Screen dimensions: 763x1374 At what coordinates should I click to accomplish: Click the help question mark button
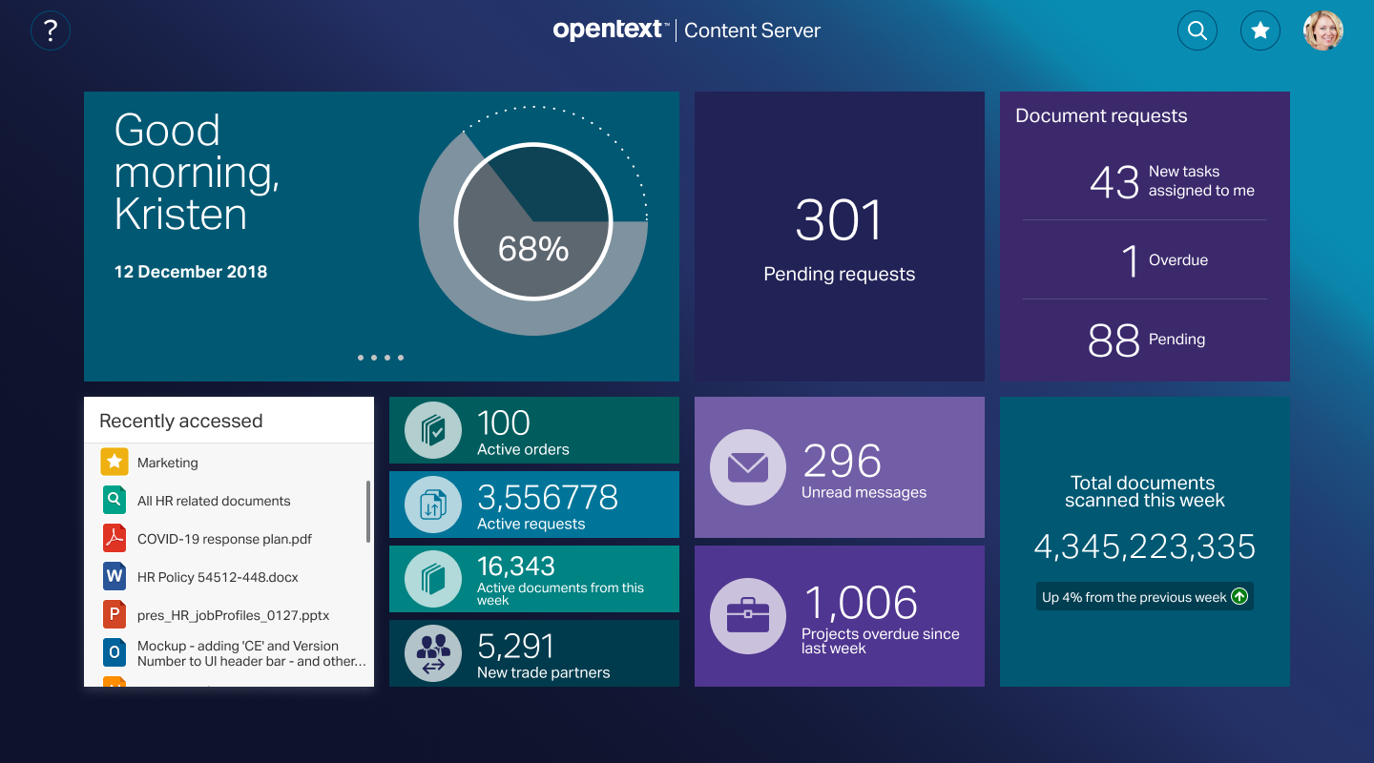(x=51, y=31)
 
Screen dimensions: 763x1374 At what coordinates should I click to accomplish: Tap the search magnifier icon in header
(x=1197, y=31)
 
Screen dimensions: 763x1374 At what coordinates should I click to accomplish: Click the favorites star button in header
(x=1259, y=31)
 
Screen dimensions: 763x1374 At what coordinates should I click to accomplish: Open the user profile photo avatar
(x=1322, y=31)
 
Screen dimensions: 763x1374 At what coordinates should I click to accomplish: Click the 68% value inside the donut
(x=533, y=249)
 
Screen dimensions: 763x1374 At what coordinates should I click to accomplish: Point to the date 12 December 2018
(x=191, y=272)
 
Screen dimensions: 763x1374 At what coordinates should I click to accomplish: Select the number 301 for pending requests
(x=839, y=221)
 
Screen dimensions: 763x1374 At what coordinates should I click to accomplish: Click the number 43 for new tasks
(x=1114, y=181)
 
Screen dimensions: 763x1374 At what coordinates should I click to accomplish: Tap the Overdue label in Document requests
(x=1177, y=260)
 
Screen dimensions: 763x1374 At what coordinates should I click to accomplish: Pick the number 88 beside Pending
(x=1114, y=340)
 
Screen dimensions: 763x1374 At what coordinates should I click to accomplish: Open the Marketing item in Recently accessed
(x=168, y=463)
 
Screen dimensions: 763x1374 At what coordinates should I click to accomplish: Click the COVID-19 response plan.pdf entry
(x=224, y=539)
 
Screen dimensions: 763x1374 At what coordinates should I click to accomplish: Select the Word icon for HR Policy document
(x=114, y=576)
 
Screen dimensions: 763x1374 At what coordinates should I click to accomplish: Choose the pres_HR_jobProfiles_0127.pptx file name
(x=233, y=615)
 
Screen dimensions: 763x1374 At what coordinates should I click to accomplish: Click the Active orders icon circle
(x=433, y=430)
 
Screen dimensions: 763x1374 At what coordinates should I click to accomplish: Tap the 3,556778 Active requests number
(x=548, y=498)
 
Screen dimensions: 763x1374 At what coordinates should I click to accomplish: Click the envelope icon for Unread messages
(x=747, y=467)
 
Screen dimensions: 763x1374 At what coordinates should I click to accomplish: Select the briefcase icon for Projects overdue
(x=747, y=616)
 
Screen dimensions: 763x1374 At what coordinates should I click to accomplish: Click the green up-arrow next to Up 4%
(x=1239, y=597)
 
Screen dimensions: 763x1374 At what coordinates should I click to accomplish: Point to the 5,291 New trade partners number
(x=515, y=647)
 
